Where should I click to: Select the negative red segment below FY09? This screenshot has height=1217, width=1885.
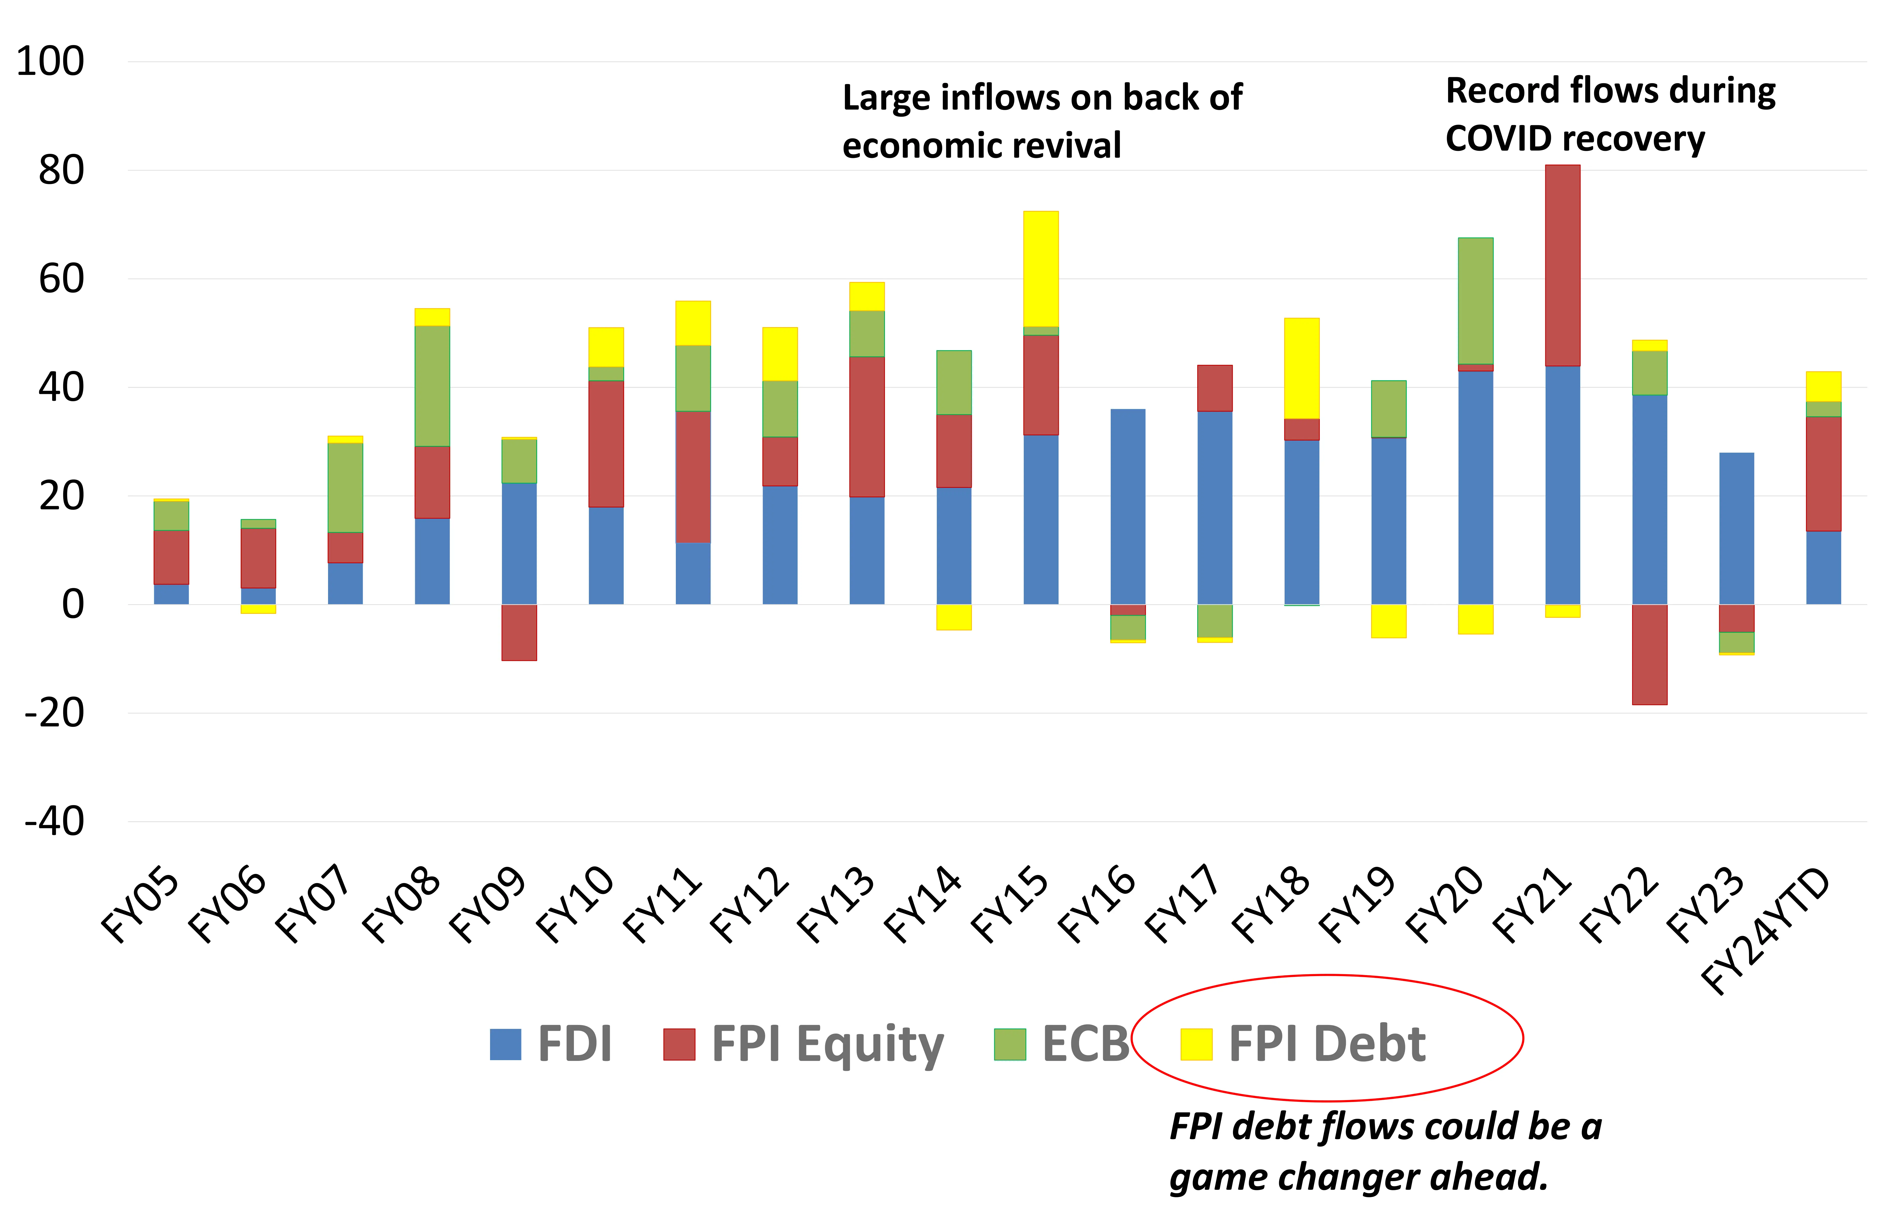click(519, 632)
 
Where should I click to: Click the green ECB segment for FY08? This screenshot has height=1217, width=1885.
click(432, 386)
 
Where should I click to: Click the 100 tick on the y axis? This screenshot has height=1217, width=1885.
click(50, 62)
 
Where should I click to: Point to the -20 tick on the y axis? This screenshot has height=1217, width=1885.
click(54, 714)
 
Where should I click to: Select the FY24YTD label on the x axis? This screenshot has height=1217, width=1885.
click(1767, 933)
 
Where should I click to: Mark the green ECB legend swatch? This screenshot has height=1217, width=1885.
click(1009, 1044)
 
